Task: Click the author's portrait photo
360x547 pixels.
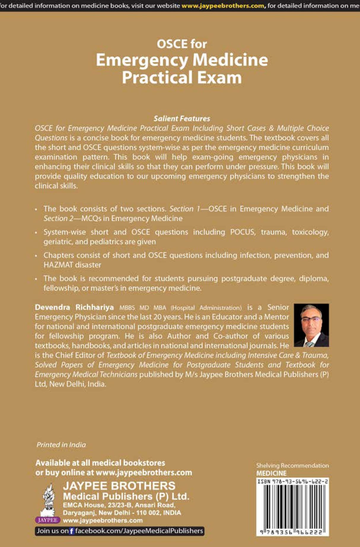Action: pos(311,325)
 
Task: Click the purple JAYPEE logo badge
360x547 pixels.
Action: pos(48,520)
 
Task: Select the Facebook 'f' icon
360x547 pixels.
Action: pos(71,531)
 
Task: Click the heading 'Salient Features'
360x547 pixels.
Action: pos(182,119)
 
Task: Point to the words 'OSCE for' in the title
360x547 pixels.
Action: pos(182,44)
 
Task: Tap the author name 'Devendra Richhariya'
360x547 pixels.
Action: pos(74,307)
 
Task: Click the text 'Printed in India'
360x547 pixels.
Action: pos(61,444)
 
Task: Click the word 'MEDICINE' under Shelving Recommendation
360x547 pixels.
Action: pos(272,473)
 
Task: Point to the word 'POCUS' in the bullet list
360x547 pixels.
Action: pos(242,232)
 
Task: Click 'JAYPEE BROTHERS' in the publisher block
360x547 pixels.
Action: pos(119,486)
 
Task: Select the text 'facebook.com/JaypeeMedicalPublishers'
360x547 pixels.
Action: pos(139,531)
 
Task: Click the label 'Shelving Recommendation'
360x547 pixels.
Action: pos(292,466)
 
